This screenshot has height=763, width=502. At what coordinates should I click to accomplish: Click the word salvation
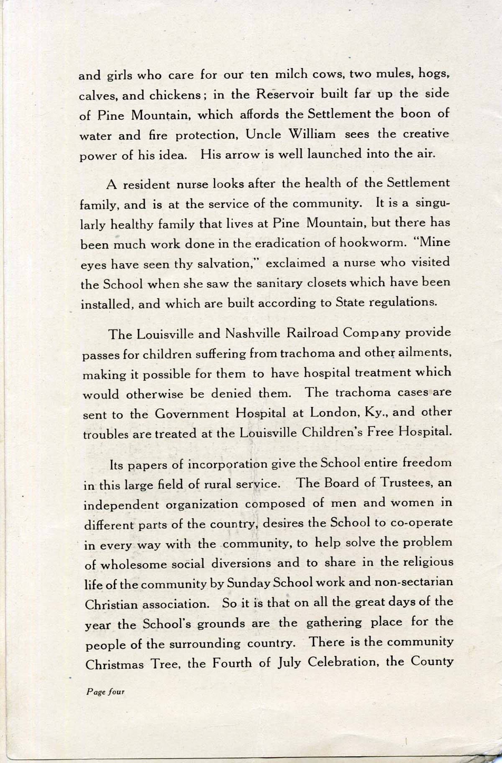[x=225, y=264]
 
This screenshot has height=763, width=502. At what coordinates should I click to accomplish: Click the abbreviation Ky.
[x=376, y=413]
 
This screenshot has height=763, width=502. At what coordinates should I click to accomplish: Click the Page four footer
[x=105, y=691]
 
